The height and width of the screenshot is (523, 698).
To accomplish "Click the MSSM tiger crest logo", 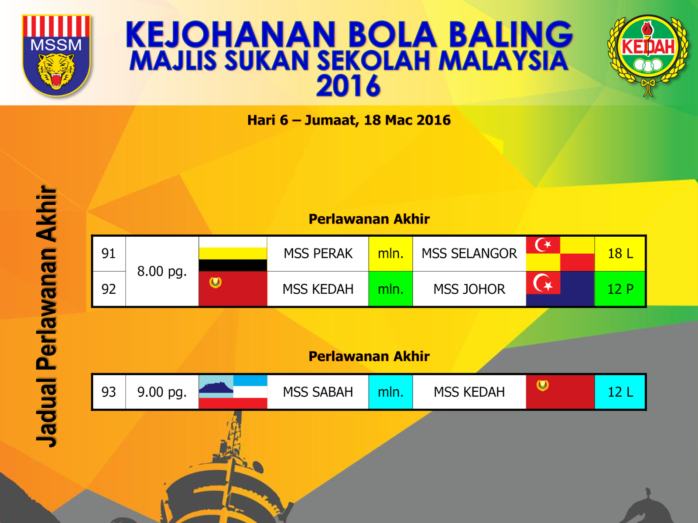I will tap(56, 55).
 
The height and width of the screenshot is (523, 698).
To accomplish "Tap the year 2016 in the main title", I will tap(348, 86).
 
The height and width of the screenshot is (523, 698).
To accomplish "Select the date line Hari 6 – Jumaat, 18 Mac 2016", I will tap(349, 120).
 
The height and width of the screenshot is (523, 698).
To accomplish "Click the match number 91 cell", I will tap(109, 254).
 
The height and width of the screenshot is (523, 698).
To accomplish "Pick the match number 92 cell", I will tap(109, 289).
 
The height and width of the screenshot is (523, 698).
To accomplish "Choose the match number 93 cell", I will tap(109, 392).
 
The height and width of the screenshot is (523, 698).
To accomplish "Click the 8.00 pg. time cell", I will tap(162, 272).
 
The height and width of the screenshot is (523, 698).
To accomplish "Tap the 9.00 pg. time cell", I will tap(162, 392).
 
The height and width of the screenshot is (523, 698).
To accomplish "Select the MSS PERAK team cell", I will tap(318, 254).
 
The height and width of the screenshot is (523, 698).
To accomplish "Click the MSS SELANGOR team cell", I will tap(469, 254).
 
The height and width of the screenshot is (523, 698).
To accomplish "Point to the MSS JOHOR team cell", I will tap(469, 289).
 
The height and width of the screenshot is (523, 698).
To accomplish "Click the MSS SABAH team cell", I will tap(318, 392).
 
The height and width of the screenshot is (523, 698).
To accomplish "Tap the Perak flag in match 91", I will tap(233, 254).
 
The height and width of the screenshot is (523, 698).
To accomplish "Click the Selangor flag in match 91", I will tap(560, 254).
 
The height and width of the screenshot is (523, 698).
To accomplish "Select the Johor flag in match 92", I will tap(560, 289).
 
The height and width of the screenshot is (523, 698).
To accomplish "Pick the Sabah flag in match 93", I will tap(233, 392).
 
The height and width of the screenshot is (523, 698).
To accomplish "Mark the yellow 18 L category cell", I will tap(620, 254).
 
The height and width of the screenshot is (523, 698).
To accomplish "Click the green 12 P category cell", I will tap(620, 289).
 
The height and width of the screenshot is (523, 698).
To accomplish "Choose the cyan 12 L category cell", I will tap(620, 392).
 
